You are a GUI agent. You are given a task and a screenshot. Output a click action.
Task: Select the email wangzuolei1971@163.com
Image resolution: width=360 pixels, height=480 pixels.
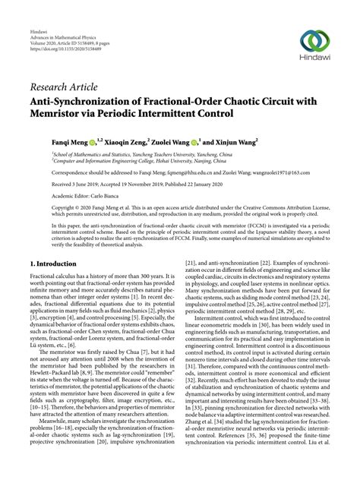[262, 172]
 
